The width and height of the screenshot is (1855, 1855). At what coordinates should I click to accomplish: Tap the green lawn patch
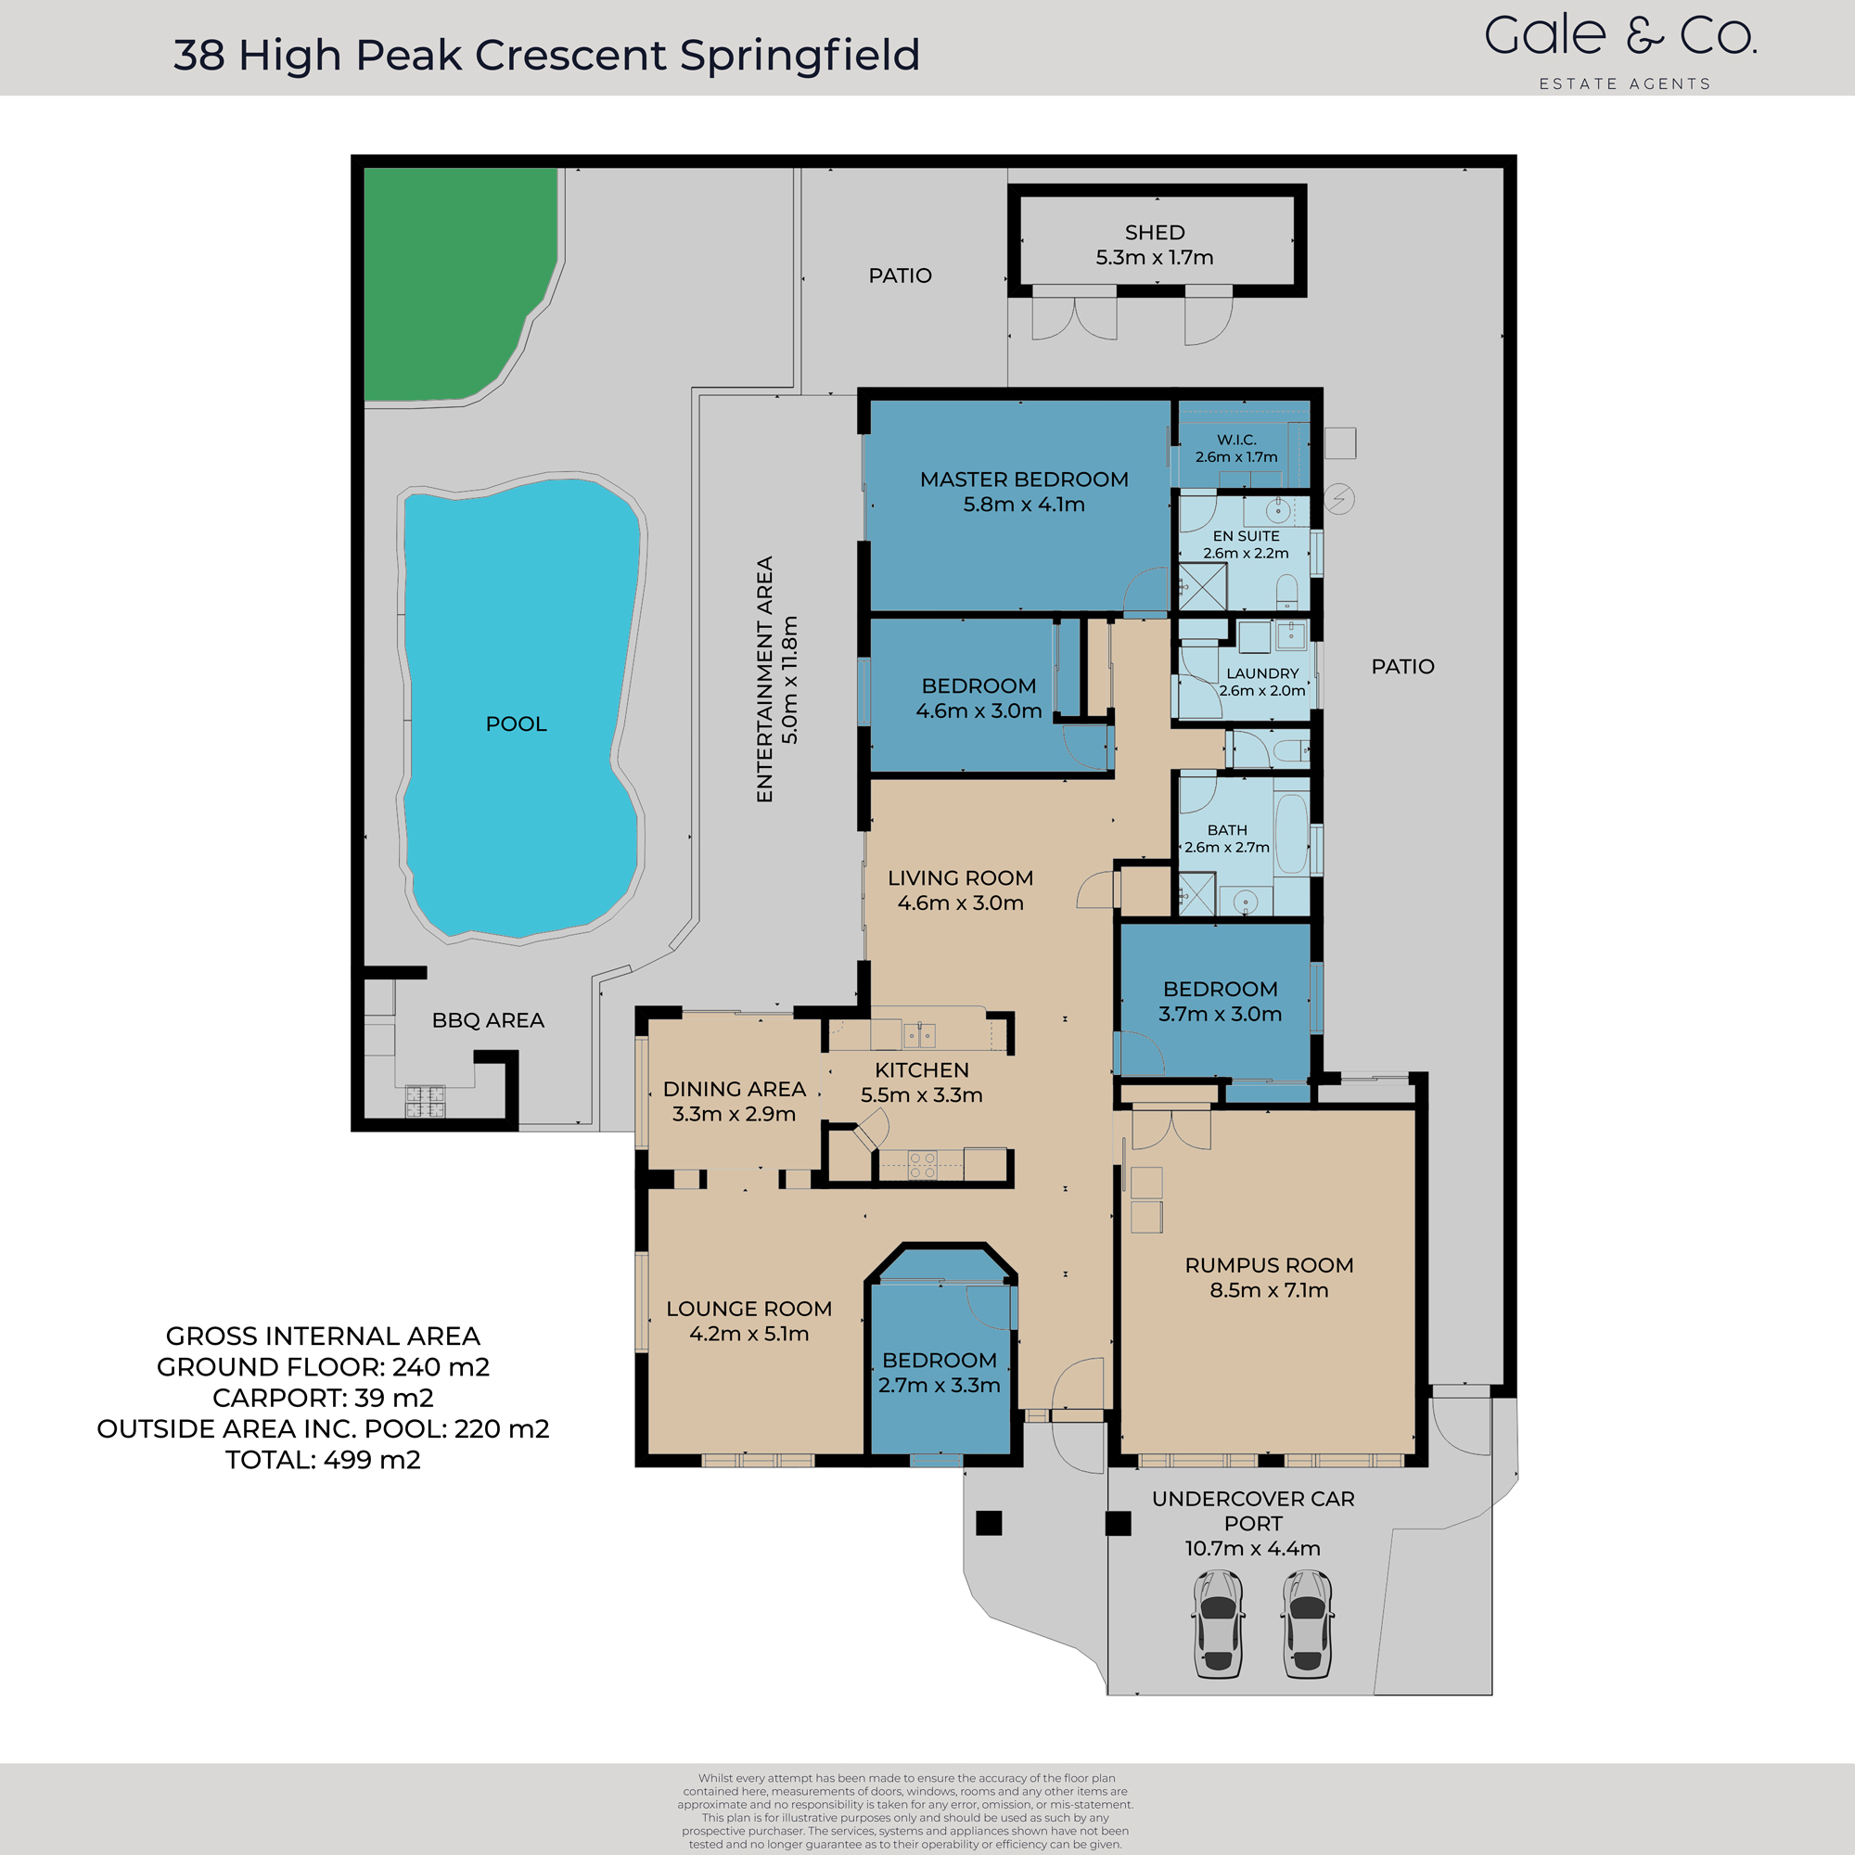[452, 278]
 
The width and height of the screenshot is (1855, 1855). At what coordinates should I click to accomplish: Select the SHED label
[1154, 233]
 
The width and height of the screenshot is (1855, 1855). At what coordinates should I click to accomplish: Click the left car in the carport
[1218, 1622]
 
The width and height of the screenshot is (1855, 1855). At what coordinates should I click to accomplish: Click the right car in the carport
[1307, 1622]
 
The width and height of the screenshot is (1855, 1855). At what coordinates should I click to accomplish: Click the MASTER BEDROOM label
[1024, 480]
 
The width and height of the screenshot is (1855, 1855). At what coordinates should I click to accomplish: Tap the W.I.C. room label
[1235, 440]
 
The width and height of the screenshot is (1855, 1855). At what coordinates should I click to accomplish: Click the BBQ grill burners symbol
[425, 1101]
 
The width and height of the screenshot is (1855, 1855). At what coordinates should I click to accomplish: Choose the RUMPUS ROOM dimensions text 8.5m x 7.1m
[1268, 1290]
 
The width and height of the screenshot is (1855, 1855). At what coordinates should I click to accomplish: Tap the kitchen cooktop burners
[922, 1166]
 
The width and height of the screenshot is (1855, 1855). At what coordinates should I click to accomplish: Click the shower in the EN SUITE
[1202, 587]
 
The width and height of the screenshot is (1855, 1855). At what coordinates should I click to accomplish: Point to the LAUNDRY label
[1261, 673]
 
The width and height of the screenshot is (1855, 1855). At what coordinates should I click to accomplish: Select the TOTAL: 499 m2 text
[323, 1459]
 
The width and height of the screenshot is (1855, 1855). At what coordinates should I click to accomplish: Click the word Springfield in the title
[800, 55]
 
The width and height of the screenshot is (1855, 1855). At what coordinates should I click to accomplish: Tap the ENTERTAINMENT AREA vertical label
[764, 679]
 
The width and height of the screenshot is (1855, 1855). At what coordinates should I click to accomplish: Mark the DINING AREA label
[734, 1089]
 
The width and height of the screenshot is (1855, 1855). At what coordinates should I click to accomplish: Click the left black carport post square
[989, 1523]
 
